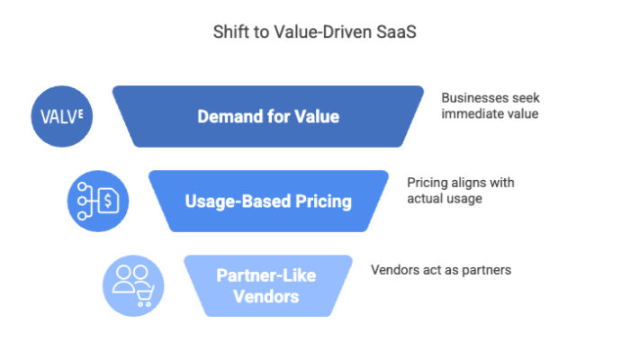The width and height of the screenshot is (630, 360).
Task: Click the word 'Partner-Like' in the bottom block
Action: (258, 275)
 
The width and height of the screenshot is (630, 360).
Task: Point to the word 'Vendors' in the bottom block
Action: (258, 294)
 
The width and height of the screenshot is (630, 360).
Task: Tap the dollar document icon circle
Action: (98, 201)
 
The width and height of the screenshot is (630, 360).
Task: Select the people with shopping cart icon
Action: (133, 285)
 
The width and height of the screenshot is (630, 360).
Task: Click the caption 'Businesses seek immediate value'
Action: (490, 106)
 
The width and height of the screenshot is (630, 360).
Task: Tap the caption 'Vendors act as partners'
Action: (441, 269)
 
